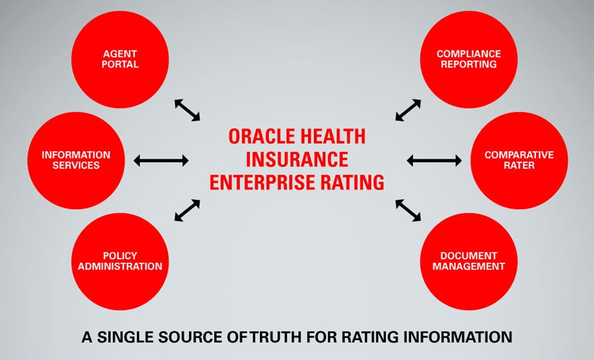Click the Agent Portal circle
click(x=120, y=59)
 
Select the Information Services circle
click(x=76, y=160)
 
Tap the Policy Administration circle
click(x=120, y=261)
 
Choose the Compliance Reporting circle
click(x=468, y=59)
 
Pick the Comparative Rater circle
click(x=519, y=160)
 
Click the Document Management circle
click(x=468, y=261)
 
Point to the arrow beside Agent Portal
click(x=187, y=110)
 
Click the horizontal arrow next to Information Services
click(x=161, y=161)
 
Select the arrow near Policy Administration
click(x=187, y=210)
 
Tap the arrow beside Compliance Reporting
click(x=408, y=110)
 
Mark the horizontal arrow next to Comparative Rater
click(x=434, y=161)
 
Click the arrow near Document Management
click(x=408, y=210)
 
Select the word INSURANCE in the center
click(x=297, y=159)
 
